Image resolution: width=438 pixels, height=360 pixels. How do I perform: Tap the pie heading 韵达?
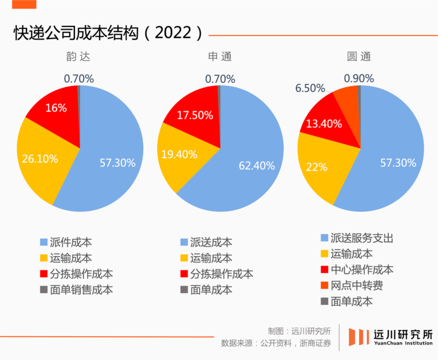[78, 56]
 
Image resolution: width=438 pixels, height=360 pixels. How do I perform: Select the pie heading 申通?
[220, 56]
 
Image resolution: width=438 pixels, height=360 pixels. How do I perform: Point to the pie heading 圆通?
[359, 56]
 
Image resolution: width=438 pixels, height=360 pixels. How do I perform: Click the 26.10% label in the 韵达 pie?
[40, 159]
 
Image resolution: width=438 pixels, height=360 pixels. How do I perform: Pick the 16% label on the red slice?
[56, 108]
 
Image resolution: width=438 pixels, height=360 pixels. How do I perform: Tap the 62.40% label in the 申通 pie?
[257, 165]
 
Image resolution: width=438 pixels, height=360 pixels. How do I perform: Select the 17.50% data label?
[195, 115]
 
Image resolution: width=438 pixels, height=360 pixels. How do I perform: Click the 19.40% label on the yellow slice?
[179, 154]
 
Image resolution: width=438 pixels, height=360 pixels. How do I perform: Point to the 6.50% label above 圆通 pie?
[310, 88]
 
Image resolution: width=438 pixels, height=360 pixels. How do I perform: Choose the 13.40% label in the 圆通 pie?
[324, 124]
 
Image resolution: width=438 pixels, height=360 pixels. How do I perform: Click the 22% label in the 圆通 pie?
[317, 166]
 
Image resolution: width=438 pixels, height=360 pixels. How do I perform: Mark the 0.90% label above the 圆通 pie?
[359, 79]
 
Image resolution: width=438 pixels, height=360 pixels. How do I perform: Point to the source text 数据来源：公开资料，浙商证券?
[276, 343]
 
